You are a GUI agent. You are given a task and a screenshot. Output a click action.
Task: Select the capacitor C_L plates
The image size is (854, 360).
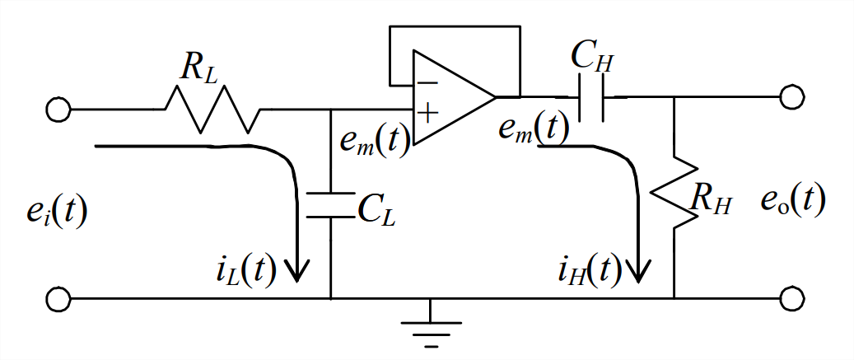(x=329, y=206)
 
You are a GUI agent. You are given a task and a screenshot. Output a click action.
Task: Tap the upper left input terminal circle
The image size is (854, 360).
(x=58, y=109)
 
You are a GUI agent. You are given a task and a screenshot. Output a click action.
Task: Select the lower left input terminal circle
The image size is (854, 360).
(x=58, y=298)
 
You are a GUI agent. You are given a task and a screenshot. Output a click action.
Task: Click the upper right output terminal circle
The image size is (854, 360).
(x=791, y=97)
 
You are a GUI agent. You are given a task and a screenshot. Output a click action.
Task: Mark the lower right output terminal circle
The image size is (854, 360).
(x=791, y=298)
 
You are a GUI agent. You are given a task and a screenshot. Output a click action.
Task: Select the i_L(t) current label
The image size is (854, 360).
(x=243, y=269)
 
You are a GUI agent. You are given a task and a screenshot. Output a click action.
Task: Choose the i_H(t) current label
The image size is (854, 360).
(x=587, y=269)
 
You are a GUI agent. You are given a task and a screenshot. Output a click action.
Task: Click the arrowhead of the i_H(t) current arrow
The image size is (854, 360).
(x=638, y=268)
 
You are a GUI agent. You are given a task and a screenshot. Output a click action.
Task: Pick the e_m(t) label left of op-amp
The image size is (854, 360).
(x=375, y=141)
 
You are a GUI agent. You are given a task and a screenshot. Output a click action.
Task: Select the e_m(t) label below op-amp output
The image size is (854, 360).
(x=531, y=128)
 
